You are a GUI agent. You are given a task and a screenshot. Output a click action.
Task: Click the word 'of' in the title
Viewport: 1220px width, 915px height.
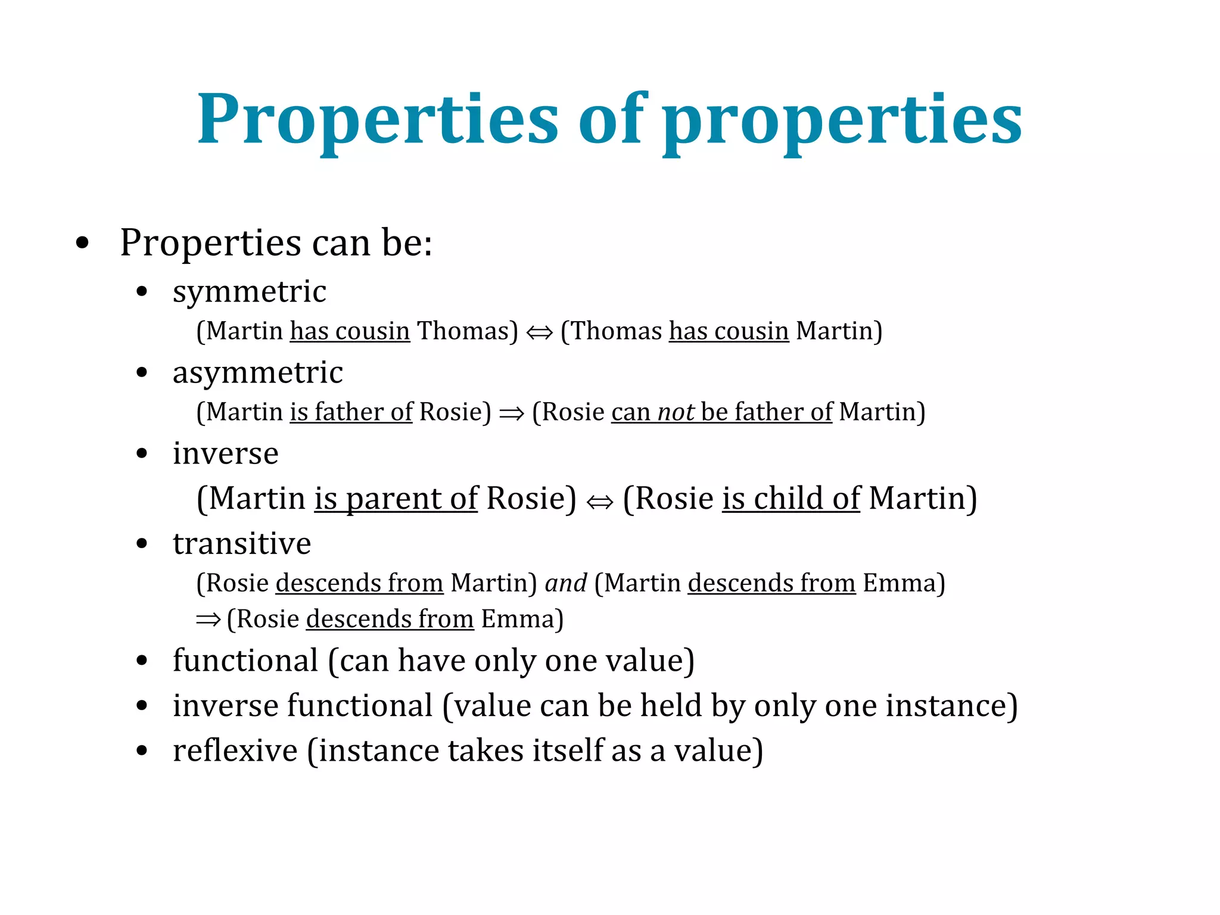[x=612, y=119]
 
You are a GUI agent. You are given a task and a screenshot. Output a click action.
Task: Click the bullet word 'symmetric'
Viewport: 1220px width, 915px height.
[x=249, y=292]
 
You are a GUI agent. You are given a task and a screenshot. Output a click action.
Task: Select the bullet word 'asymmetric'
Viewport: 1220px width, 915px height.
[x=257, y=373]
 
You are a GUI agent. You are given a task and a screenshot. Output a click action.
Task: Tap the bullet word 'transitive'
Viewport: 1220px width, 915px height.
[x=242, y=544]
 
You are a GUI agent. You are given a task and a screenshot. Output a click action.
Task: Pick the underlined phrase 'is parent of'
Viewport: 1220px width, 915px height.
[x=396, y=499]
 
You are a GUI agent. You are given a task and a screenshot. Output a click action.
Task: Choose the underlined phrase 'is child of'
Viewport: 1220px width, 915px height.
[x=791, y=499]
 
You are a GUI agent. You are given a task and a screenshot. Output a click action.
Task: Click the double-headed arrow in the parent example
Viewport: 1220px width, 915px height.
[x=599, y=502]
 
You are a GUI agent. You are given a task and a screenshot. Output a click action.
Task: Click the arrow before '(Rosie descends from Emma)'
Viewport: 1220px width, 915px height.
[x=208, y=620]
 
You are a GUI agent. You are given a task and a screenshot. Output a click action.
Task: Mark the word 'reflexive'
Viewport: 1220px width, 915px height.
[x=235, y=751]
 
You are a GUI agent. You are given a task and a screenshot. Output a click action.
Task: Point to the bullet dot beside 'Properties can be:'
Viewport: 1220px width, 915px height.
[x=83, y=243]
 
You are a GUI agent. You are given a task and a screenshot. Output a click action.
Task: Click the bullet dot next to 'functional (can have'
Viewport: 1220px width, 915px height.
[x=142, y=661]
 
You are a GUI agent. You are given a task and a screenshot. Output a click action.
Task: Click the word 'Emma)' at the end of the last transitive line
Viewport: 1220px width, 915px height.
[x=522, y=620]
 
